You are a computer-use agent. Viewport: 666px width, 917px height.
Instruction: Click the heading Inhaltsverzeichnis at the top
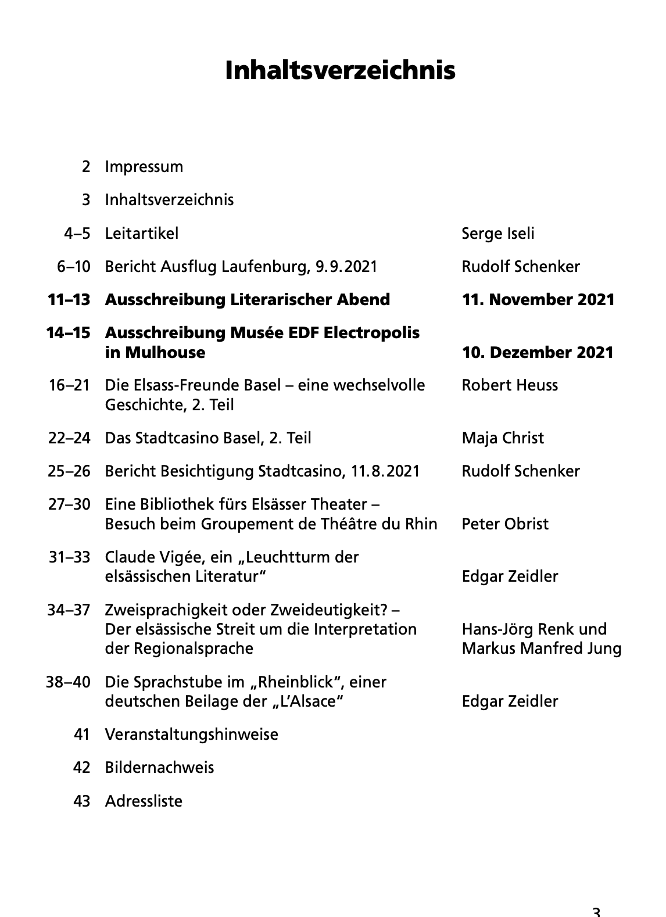[x=340, y=71]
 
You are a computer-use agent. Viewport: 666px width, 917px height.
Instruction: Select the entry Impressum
[x=144, y=167]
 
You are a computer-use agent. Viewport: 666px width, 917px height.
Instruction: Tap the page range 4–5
[x=77, y=234]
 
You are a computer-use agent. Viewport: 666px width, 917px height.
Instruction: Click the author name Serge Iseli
[x=497, y=234]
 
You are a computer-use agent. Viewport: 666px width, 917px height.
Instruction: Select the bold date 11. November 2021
[x=538, y=300]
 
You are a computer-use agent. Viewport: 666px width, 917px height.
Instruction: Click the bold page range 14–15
[x=69, y=333]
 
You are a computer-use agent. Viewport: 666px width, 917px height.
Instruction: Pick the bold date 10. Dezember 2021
[x=538, y=352]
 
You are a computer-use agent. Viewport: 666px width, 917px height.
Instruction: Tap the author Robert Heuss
[x=509, y=385]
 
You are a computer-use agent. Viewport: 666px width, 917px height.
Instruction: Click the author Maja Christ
[x=502, y=438]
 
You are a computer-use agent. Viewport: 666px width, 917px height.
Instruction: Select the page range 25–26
[x=69, y=471]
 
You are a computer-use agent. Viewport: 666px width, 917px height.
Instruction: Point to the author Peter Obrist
[x=504, y=524]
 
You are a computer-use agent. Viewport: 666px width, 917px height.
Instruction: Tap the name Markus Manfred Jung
[x=541, y=648]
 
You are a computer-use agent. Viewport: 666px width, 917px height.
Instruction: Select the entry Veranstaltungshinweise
[x=191, y=735]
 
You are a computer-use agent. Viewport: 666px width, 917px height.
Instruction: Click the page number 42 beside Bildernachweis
[x=82, y=768]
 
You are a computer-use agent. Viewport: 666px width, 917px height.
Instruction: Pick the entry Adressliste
[x=144, y=801]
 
